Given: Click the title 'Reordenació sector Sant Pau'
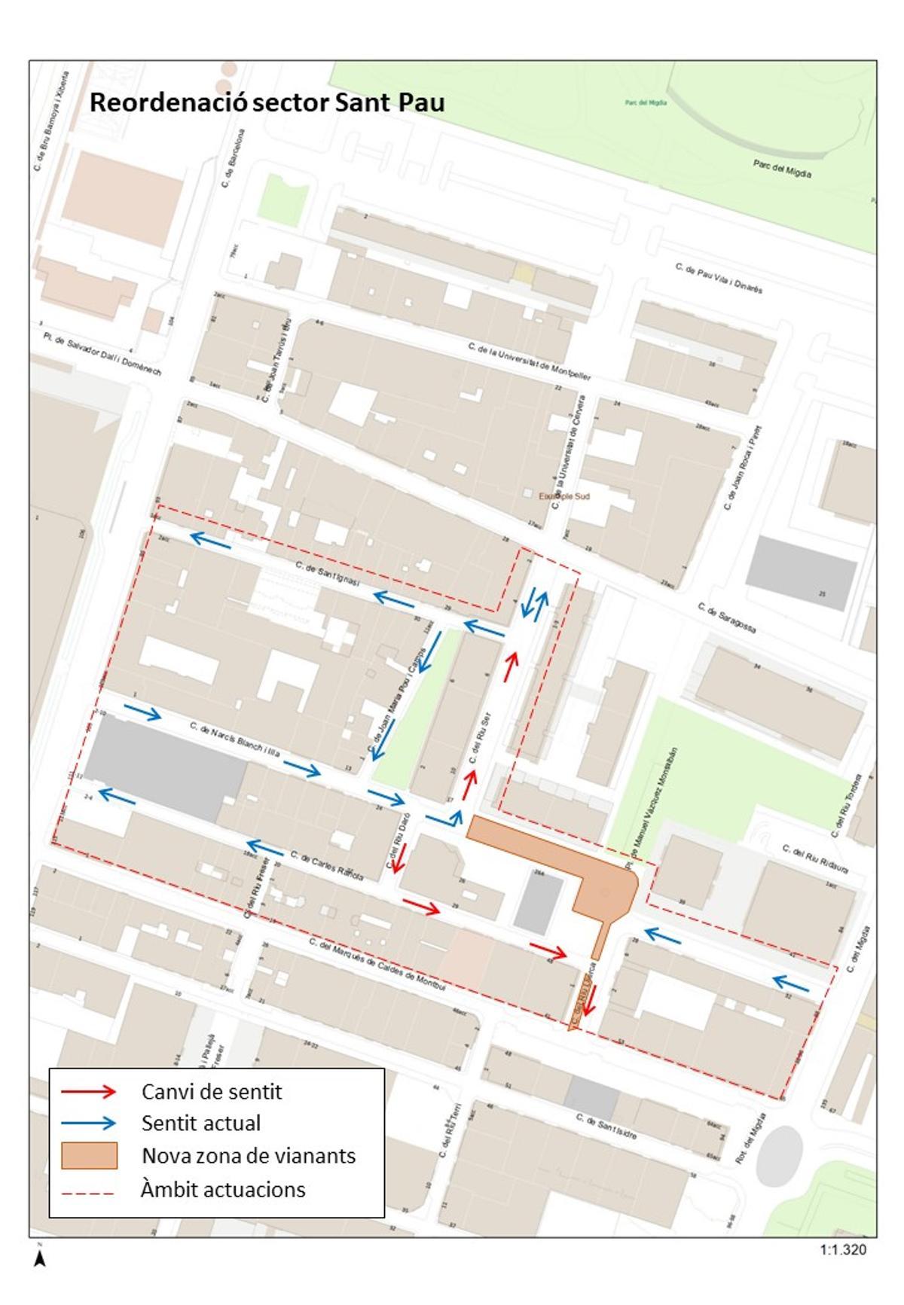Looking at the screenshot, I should click(x=267, y=102).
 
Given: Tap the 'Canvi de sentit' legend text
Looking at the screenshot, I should click(x=212, y=1091).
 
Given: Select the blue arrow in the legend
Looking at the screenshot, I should click(x=89, y=1123).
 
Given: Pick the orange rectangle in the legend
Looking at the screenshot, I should click(x=89, y=1155).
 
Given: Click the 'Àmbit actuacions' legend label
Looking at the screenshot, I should click(x=223, y=1190).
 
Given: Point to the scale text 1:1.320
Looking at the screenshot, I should click(x=843, y=1250).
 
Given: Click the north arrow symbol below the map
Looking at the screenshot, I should click(x=40, y=1258).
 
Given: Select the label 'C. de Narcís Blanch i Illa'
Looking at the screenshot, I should click(x=235, y=739).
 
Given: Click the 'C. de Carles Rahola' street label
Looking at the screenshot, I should click(x=327, y=866).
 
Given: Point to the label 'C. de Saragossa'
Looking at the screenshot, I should click(x=726, y=617).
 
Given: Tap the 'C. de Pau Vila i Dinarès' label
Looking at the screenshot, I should click(x=719, y=278).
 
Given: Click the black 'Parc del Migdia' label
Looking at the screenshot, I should click(x=782, y=168).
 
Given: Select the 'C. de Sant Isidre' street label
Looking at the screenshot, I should click(x=607, y=1126).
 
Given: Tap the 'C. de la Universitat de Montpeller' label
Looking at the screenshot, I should click(x=529, y=361).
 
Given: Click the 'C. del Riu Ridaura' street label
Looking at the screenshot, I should click(x=815, y=858).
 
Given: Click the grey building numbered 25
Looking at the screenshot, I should click(x=801, y=572).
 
